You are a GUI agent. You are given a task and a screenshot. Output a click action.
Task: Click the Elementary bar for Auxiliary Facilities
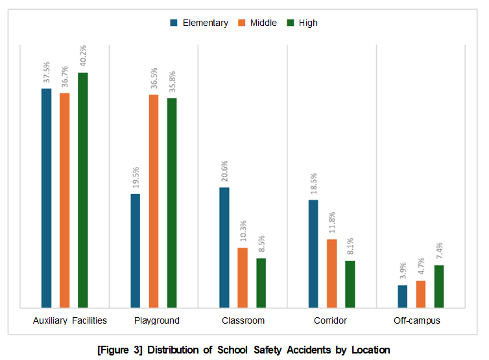(x=46, y=198)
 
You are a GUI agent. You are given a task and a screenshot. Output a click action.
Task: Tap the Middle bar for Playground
(x=154, y=201)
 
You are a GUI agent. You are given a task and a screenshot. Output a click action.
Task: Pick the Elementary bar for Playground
(x=135, y=250)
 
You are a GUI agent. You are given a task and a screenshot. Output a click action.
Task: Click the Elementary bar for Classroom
(x=224, y=247)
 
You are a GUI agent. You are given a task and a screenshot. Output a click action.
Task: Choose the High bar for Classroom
(x=261, y=283)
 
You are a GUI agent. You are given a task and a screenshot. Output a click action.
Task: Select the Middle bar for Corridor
(x=331, y=273)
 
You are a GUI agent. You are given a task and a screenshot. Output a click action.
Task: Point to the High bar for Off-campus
(x=439, y=286)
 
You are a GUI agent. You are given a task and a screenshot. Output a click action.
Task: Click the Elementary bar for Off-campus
(x=402, y=296)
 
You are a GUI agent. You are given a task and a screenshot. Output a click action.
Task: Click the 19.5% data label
(x=135, y=178)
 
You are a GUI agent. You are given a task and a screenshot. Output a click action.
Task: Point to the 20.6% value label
(x=224, y=172)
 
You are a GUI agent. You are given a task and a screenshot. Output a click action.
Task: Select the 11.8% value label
(x=331, y=224)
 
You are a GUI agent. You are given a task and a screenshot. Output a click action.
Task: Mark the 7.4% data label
(x=439, y=250)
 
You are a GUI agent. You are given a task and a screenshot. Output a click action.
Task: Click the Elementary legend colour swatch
(x=174, y=23)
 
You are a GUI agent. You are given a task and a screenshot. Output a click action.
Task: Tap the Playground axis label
(x=156, y=320)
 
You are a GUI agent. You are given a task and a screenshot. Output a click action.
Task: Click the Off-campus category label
(x=417, y=320)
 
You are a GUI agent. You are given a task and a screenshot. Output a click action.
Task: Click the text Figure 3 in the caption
(x=119, y=350)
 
